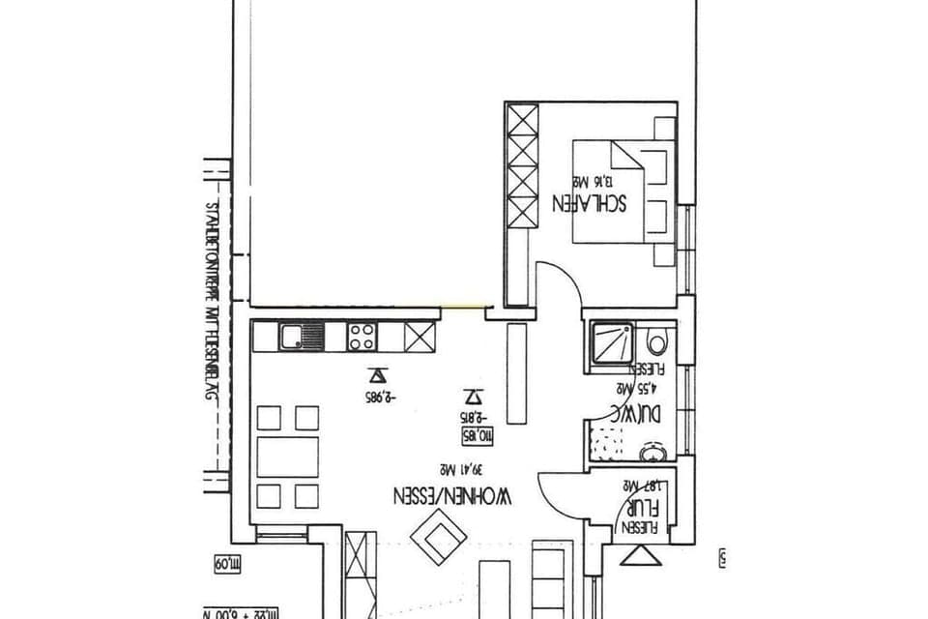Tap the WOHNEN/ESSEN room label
click(x=452, y=496)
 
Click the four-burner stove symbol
click(x=362, y=337)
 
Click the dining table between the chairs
click(x=287, y=457)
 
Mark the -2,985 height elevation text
click(x=383, y=397)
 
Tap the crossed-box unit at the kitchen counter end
click(x=420, y=337)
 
